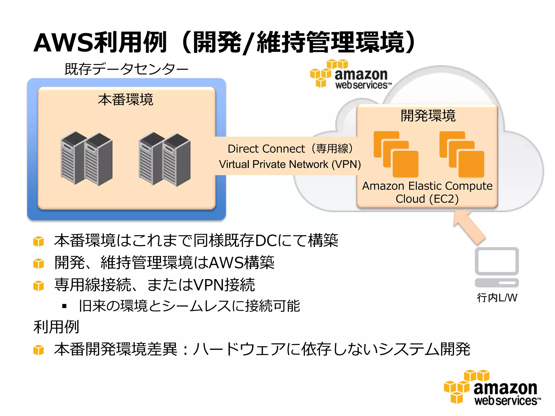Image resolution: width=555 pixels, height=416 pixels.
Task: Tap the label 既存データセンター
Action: click(126, 69)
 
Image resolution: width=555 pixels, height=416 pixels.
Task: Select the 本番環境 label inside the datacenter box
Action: click(126, 99)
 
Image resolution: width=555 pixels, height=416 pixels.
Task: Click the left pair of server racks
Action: click(86, 159)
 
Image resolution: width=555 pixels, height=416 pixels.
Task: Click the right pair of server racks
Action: click(164, 159)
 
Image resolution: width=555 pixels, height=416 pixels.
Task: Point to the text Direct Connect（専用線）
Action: click(290, 149)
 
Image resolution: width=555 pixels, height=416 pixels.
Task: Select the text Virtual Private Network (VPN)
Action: click(290, 164)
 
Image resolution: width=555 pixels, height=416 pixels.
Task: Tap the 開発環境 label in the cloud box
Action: click(428, 116)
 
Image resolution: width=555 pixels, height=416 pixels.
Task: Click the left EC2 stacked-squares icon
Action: click(396, 154)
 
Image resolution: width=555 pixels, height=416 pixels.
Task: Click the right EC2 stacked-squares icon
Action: click(462, 154)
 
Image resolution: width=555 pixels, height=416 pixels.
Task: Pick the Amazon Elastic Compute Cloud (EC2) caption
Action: click(427, 192)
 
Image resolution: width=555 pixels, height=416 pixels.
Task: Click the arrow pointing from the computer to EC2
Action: click(469, 227)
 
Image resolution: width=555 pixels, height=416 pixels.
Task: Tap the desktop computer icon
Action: click(497, 267)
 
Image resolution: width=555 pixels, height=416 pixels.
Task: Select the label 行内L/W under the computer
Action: click(497, 298)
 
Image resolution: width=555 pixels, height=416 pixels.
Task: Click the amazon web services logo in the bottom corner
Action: click(492, 388)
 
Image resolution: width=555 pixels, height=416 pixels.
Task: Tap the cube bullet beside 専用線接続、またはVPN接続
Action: click(38, 285)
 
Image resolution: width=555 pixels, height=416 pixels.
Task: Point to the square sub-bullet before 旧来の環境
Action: click(64, 306)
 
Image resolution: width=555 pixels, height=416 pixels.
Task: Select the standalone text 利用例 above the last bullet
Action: click(56, 327)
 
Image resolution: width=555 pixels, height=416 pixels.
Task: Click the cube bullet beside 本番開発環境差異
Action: click(38, 350)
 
